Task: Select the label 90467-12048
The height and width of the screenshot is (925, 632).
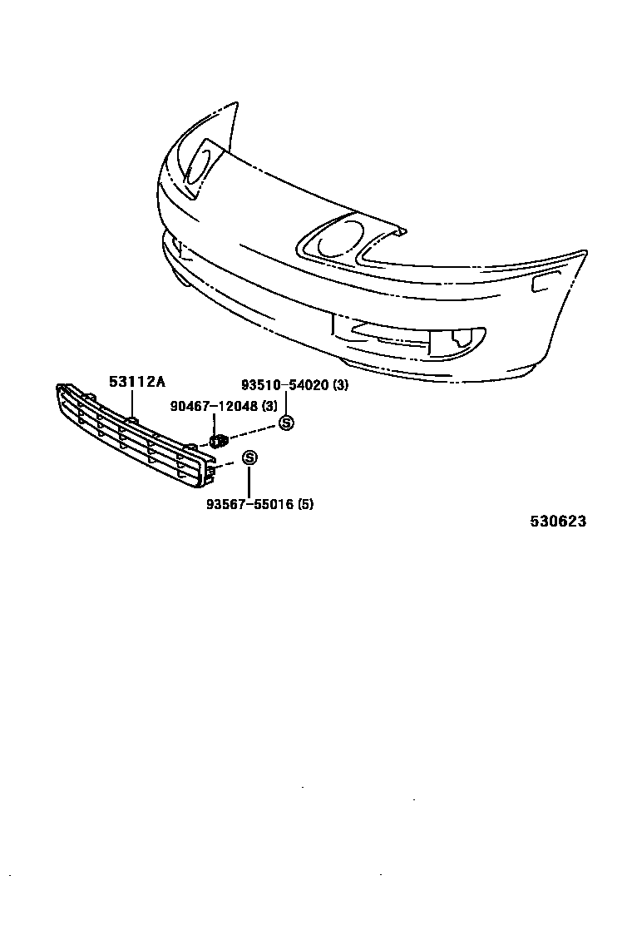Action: point(211,406)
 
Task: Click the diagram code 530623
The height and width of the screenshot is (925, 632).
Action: point(559,522)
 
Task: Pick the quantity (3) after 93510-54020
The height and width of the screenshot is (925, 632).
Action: point(341,385)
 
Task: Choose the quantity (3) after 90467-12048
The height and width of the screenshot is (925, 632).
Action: point(269,406)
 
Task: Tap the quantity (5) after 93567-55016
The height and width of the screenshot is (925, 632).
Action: point(305,504)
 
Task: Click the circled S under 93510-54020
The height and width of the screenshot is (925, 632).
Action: point(286,423)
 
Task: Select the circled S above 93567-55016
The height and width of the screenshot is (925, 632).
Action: point(249,458)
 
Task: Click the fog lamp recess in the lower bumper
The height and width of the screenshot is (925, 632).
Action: point(459,339)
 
